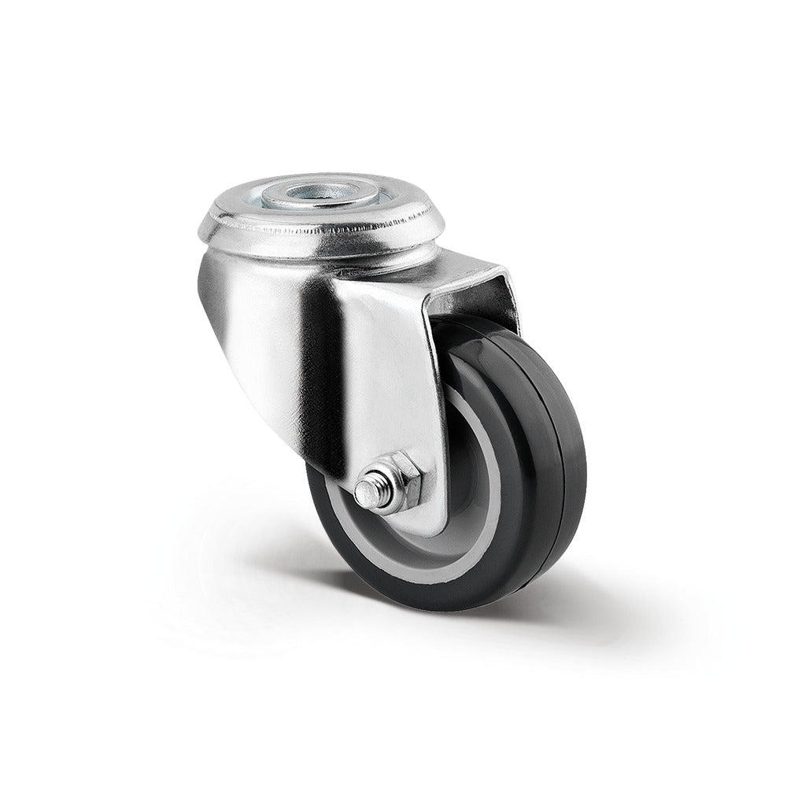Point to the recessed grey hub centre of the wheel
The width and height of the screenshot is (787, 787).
441,504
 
